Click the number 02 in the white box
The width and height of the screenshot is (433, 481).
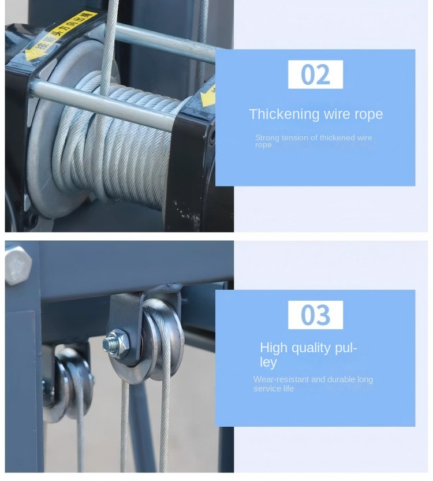pos(315,75)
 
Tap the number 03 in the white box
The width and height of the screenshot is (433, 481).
pos(315,315)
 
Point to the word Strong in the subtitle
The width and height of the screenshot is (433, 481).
pos(267,137)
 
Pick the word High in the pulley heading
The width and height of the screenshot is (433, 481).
pos(273,348)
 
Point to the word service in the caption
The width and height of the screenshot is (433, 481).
pos(266,389)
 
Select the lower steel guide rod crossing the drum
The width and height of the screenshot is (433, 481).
pos(104,104)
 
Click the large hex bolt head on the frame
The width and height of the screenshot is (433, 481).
pos(18,265)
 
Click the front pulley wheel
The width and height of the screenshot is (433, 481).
pos(165,335)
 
